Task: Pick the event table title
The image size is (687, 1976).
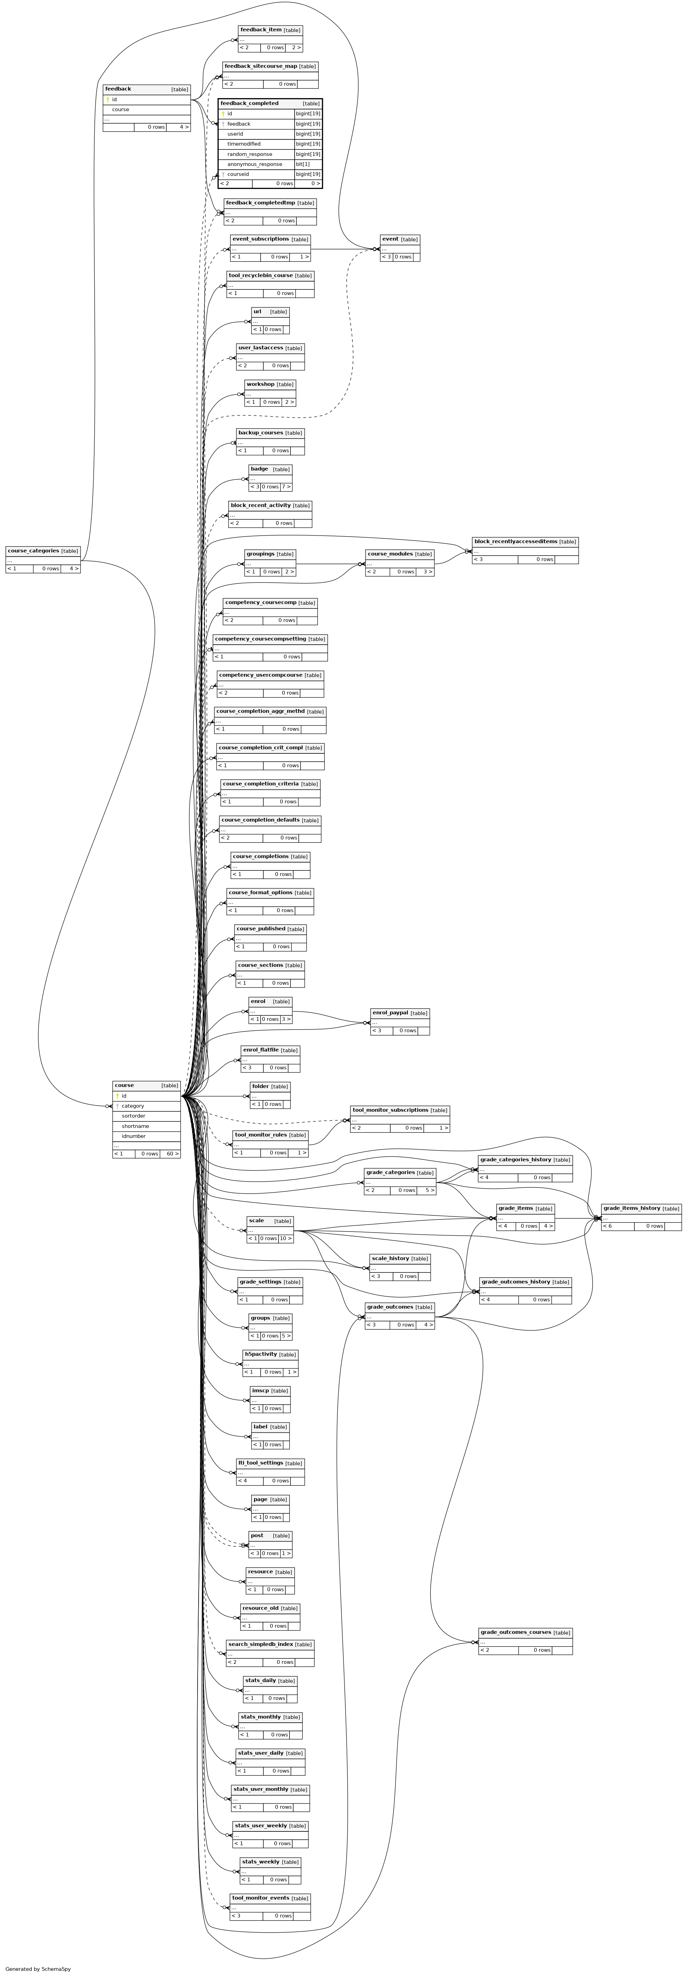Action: tap(390, 239)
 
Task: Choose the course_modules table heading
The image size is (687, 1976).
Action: tap(390, 554)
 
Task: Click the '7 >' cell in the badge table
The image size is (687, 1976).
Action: tap(285, 486)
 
